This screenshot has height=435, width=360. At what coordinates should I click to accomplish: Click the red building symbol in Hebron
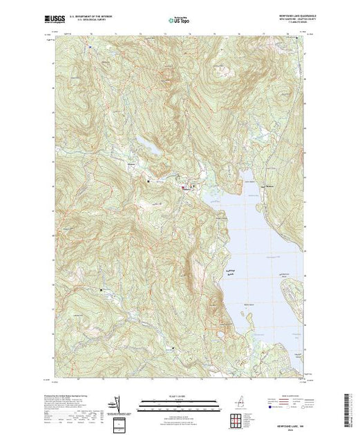coord(183,187)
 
